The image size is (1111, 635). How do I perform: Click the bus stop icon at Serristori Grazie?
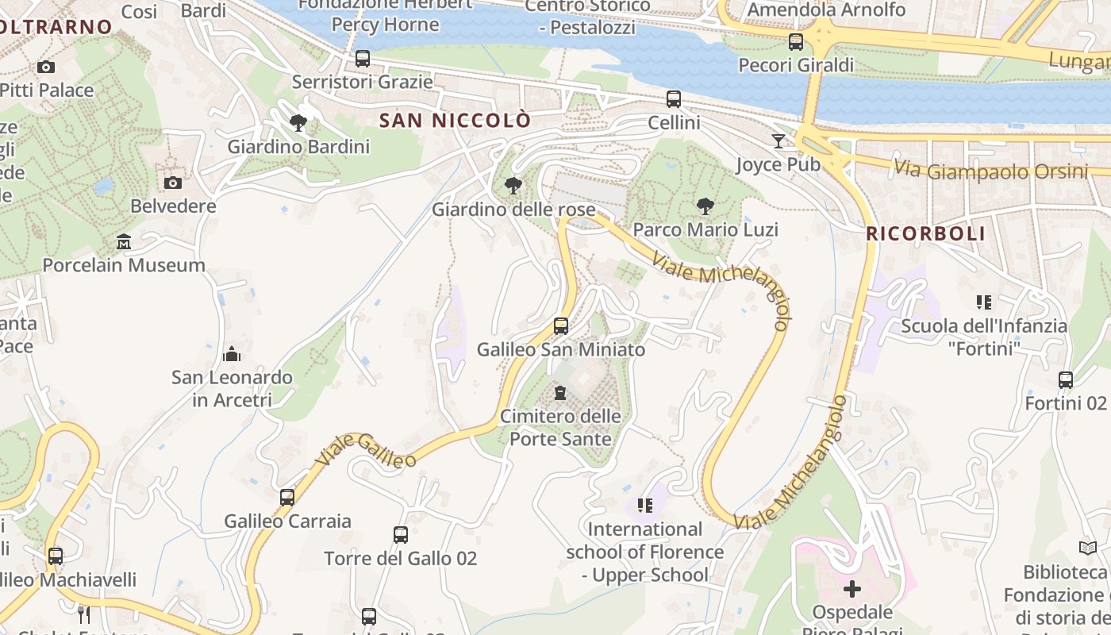363,59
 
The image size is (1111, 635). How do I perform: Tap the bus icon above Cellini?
674,99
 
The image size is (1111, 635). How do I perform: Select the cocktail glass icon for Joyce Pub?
778,141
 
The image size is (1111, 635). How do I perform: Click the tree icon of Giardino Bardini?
298,123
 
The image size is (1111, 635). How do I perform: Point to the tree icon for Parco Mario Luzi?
705,206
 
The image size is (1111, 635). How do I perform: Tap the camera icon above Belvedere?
173,183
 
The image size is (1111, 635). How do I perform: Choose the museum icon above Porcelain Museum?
124,241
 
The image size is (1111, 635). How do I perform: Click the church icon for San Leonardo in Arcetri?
232,353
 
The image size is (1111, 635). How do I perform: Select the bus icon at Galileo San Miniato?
561,325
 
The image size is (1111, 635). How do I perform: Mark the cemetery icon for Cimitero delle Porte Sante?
560,393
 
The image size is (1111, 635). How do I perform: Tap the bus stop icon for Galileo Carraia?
287,498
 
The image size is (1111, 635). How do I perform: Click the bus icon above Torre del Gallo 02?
401,535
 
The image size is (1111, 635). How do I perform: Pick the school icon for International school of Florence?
645,505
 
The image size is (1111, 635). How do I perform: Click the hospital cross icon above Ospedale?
852,589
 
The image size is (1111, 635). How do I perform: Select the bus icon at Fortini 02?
1066,380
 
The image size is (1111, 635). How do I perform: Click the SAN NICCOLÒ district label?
455,121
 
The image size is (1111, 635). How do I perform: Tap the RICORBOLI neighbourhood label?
926,234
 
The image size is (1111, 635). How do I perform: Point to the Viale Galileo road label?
366,451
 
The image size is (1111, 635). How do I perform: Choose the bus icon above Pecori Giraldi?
796,42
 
